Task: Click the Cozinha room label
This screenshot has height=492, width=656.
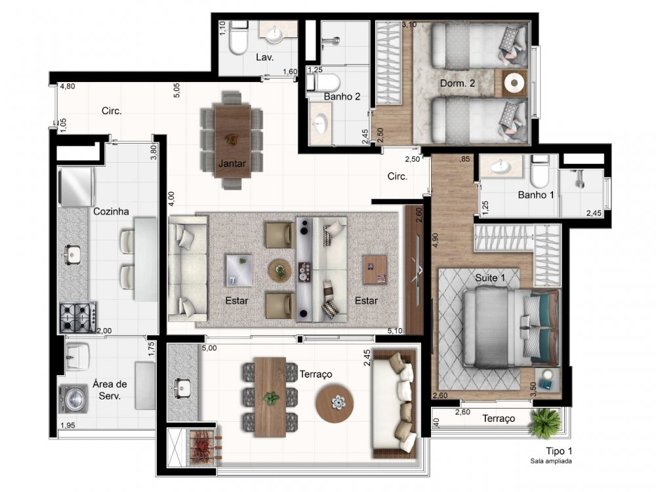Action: pos(111,211)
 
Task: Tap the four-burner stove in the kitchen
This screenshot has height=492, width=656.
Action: pos(77,318)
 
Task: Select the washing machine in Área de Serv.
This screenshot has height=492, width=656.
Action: pos(73,398)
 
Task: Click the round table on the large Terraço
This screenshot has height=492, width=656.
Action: pos(335,403)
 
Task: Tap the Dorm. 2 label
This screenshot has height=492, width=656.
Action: pos(457,83)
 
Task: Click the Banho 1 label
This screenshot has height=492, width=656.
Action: pos(536,195)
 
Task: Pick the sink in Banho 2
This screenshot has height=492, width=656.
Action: pos(321,123)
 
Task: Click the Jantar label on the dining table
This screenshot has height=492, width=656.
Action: pos(232,163)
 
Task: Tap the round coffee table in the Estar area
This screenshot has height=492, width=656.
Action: pos(280,270)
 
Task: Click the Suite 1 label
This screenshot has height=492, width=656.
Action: pos(490,277)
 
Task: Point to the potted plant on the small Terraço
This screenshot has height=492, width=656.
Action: pos(543,422)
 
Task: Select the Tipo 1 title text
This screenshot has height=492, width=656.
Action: pos(558,451)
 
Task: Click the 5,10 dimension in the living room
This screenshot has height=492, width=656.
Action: pos(395,331)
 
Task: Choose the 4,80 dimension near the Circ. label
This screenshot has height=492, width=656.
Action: pos(68,87)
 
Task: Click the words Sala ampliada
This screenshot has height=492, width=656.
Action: pos(551,461)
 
